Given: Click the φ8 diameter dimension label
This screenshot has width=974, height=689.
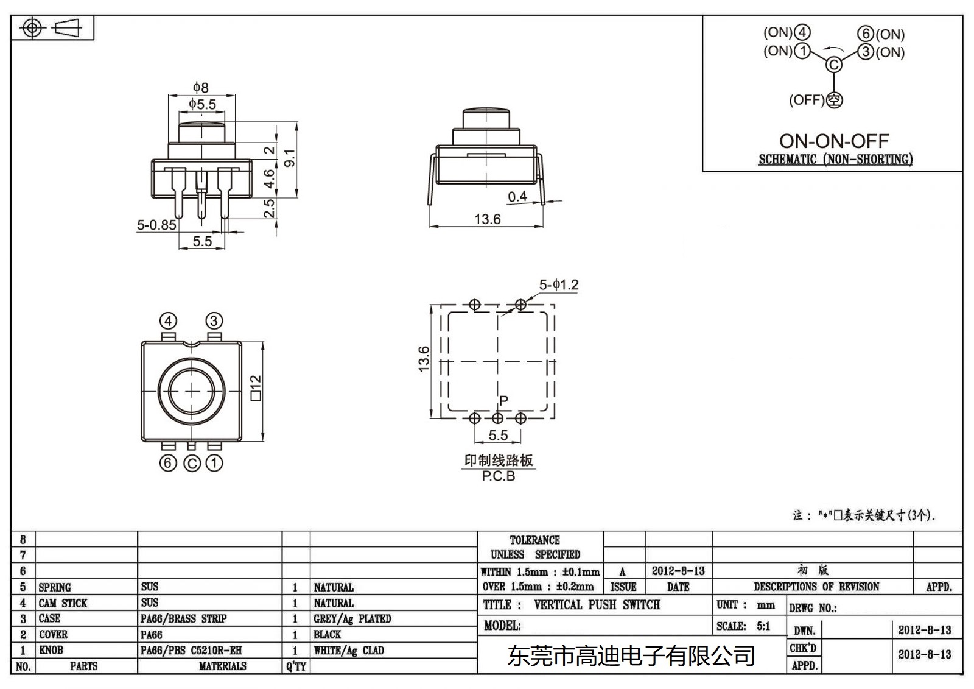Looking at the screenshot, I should (x=201, y=87).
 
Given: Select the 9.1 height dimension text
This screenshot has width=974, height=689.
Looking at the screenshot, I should (x=290, y=158).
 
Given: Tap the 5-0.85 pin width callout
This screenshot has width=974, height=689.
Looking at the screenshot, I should (x=156, y=225).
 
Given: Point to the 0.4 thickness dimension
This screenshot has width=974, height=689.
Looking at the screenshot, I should (x=517, y=196).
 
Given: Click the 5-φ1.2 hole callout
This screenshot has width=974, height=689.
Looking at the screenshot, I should (x=559, y=284).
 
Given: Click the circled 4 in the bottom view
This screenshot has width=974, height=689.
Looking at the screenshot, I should (x=169, y=320).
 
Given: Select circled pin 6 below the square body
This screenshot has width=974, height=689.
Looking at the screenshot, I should (x=169, y=463).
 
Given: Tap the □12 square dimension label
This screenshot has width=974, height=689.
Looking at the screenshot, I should (x=256, y=387).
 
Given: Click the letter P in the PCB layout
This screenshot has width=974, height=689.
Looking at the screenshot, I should (x=503, y=400).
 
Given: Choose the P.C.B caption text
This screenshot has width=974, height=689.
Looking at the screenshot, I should (x=499, y=476).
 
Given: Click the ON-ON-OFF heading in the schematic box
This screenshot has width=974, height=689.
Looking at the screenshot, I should (x=834, y=141).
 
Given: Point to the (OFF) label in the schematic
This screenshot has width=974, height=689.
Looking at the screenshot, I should (x=807, y=100).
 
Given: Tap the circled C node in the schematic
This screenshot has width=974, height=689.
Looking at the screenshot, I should (x=834, y=65).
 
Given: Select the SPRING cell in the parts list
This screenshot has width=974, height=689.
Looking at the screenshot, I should (x=55, y=587).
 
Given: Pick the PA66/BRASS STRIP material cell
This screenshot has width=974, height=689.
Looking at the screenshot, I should (x=183, y=618).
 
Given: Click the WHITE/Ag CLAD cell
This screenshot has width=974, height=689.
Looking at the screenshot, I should (x=349, y=650).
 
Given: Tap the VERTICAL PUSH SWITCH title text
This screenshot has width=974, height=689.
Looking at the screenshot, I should (x=597, y=605).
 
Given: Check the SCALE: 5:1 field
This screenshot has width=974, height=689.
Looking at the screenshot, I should (x=743, y=626).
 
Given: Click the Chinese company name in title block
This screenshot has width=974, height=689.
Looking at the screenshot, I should (x=631, y=656).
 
